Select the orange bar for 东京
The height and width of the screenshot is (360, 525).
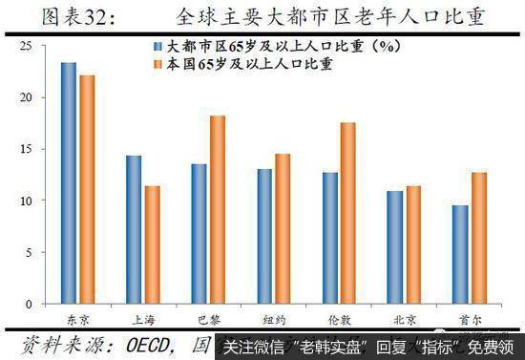coord(87,189)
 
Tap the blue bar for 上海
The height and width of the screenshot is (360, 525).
coord(134,229)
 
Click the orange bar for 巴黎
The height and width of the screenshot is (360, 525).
coord(216,209)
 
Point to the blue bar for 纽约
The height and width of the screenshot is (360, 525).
coord(263,236)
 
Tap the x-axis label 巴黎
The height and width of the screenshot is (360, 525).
coord(207,319)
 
